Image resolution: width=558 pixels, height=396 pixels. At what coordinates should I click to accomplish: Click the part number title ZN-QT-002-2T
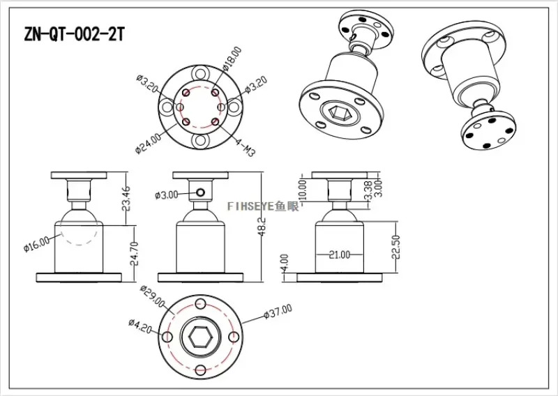74,35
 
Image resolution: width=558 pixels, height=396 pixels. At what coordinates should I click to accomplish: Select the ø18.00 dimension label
232,58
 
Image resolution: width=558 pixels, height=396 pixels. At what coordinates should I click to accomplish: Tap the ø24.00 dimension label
148,144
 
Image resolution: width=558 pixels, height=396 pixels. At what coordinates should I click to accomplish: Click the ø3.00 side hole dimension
167,195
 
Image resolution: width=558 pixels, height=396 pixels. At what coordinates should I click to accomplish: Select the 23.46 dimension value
126,199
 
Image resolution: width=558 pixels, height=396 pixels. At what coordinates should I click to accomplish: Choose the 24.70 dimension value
134,254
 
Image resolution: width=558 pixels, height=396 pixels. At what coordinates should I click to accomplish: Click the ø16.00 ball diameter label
37,244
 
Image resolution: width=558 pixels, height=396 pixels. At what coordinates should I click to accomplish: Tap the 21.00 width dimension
340,254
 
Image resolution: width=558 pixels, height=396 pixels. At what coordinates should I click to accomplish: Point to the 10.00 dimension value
303,190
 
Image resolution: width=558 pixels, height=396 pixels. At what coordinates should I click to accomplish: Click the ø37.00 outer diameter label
278,312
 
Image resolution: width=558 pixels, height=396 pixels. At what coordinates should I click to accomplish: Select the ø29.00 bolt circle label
153,297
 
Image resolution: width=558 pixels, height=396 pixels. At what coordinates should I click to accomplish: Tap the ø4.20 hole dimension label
140,326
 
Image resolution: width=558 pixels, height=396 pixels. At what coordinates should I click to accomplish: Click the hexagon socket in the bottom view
200,337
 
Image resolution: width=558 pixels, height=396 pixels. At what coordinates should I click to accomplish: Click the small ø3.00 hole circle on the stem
200,192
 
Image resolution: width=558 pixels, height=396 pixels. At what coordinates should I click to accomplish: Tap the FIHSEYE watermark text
264,206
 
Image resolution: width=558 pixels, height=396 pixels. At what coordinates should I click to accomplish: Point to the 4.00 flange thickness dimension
285,263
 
